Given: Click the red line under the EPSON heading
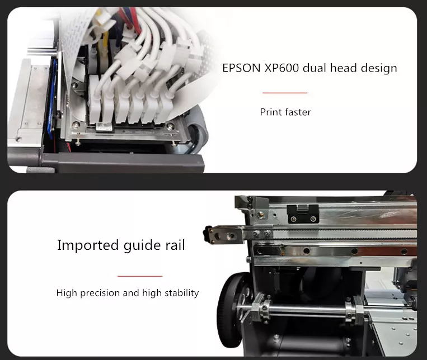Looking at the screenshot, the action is [285, 93].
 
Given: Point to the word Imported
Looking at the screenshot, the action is [88, 245].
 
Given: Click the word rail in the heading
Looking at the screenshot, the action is [175, 245].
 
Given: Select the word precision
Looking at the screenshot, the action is [100, 293].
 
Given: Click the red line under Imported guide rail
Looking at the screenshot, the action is [140, 276].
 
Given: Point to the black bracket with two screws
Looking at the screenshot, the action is [303, 214].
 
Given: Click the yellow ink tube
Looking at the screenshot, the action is [105, 50].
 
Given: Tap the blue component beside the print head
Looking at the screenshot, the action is [53, 98].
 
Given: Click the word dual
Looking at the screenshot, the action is [315, 68].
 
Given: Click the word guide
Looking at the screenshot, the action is [142, 246].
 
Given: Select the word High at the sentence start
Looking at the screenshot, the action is [67, 293].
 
